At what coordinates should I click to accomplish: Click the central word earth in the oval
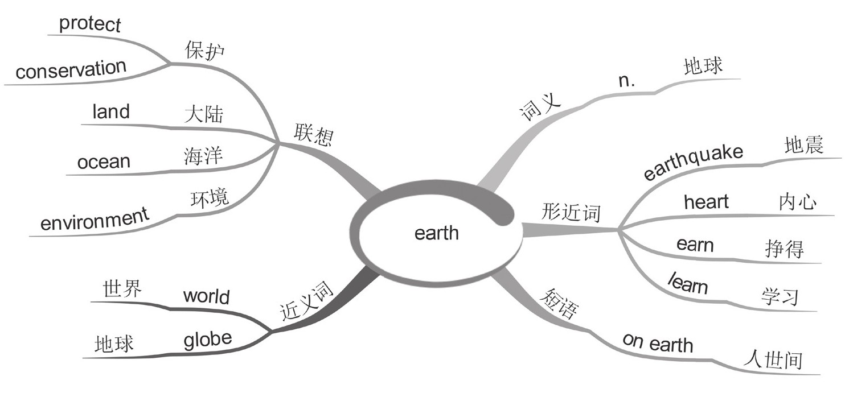click(x=436, y=233)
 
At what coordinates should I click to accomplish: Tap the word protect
click(x=90, y=24)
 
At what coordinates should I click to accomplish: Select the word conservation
click(x=71, y=70)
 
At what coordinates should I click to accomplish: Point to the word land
click(x=111, y=111)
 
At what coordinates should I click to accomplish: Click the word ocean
click(x=104, y=162)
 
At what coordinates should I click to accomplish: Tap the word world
click(x=206, y=296)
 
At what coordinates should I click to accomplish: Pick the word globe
click(x=208, y=339)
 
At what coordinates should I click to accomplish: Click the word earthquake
click(x=694, y=162)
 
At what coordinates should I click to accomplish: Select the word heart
click(x=706, y=201)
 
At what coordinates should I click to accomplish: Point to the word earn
click(x=695, y=245)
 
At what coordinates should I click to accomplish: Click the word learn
click(x=688, y=283)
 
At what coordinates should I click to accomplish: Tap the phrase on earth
click(x=658, y=343)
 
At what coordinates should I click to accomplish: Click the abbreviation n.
click(x=627, y=81)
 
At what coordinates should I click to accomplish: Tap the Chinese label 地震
click(x=803, y=146)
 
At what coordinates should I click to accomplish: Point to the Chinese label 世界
click(x=122, y=288)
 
